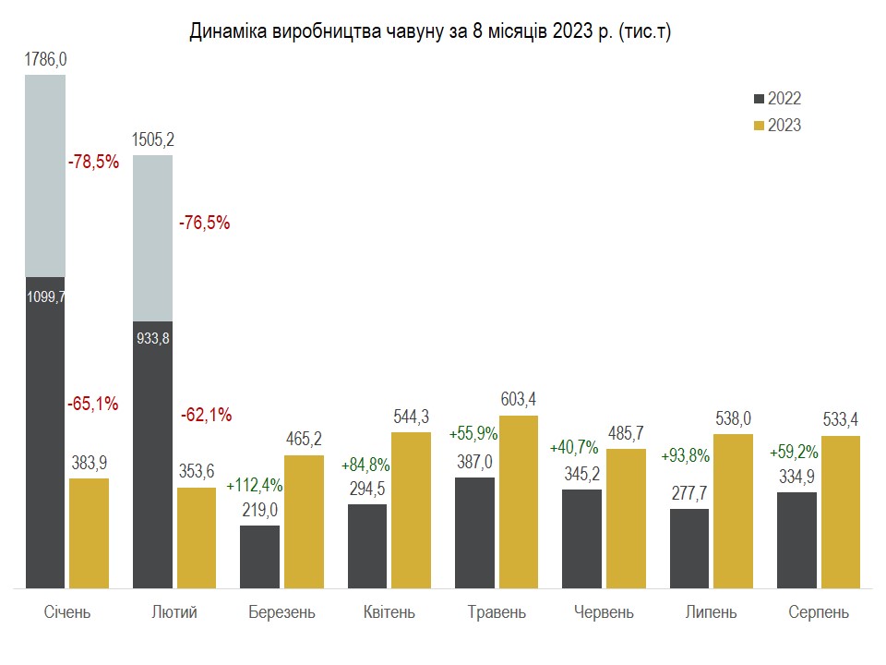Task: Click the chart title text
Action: coord(429,32)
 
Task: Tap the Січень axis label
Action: coord(67,612)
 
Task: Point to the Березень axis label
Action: coord(281,612)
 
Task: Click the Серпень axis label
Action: coord(819,612)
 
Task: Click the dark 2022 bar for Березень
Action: coord(259,556)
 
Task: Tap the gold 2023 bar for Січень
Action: coord(89,533)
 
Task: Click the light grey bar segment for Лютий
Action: coord(153,237)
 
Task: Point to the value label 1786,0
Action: coord(45,60)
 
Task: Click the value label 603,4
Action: coord(519,399)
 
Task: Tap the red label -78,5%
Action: coord(93,162)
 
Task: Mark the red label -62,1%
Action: coord(205,414)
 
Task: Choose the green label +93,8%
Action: coord(685,454)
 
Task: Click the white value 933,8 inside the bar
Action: coord(153,338)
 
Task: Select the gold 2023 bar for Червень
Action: coord(627,518)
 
